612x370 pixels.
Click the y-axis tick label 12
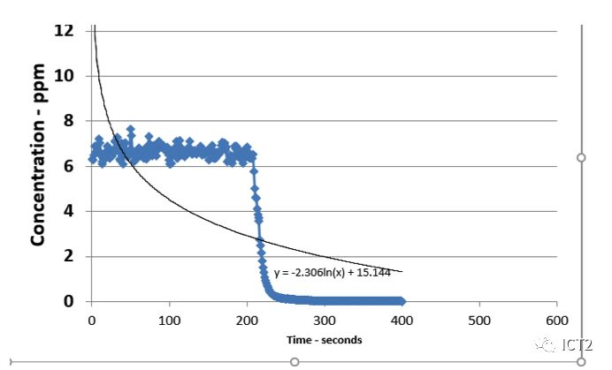(x=64, y=30)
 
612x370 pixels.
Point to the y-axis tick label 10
(x=64, y=76)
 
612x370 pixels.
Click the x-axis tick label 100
(x=168, y=319)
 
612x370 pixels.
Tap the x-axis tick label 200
(x=246, y=319)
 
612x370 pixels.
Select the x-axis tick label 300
(x=324, y=319)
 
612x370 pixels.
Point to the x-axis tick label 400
(x=402, y=319)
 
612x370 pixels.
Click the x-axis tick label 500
(x=479, y=319)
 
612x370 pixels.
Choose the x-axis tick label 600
(x=557, y=319)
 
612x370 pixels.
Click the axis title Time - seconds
(x=324, y=340)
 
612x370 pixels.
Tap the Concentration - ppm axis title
(x=38, y=166)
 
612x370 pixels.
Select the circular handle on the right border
(x=581, y=157)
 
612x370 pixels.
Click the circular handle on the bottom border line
(x=295, y=361)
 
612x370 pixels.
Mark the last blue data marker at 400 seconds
(x=402, y=301)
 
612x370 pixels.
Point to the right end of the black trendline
(x=402, y=272)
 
